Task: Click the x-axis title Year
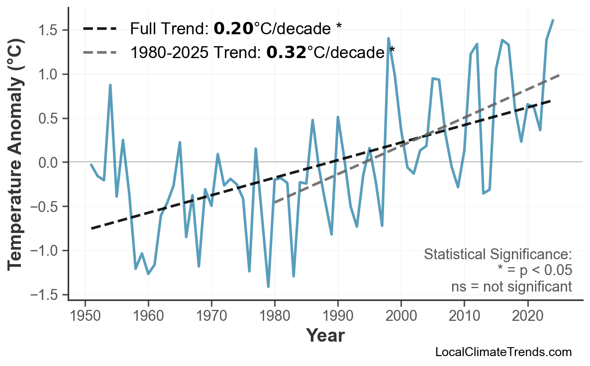(x=325, y=336)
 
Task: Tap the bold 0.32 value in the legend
(x=286, y=52)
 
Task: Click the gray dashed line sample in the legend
(x=99, y=52)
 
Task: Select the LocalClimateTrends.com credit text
(x=503, y=352)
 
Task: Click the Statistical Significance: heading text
(x=497, y=255)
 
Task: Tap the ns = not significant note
(x=511, y=287)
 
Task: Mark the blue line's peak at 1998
(x=388, y=38)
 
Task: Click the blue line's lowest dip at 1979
(x=268, y=287)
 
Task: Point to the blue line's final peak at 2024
(x=553, y=20)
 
